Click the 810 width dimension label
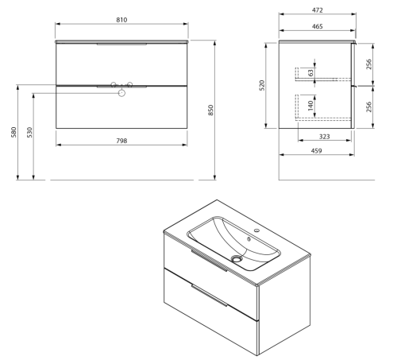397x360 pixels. [x=121, y=20]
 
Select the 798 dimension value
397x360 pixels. [x=121, y=141]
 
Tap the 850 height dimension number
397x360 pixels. [x=210, y=110]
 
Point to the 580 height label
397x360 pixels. [x=13, y=132]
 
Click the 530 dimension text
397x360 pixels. [x=29, y=132]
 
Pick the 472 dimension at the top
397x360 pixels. [x=318, y=10]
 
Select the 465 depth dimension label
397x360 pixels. [x=318, y=26]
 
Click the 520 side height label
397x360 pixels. [x=262, y=85]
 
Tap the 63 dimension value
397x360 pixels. [x=311, y=72]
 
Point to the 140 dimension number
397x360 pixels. [x=311, y=106]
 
